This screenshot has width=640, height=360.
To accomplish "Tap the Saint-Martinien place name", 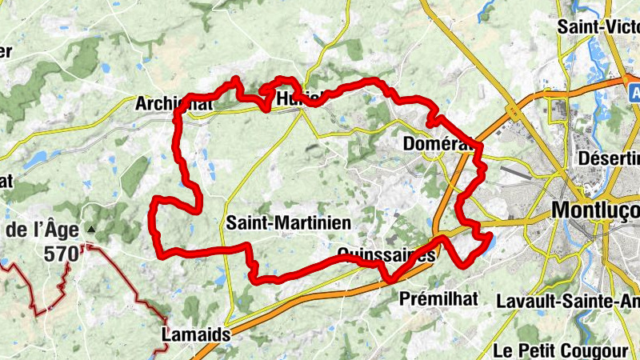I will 277,222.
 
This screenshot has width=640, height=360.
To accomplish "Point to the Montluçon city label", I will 596,210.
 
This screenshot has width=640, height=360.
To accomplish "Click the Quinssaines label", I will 387,254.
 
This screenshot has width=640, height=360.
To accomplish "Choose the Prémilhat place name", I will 438,298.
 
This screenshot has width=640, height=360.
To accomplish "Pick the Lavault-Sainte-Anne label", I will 568,302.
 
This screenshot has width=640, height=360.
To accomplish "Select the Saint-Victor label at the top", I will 598,26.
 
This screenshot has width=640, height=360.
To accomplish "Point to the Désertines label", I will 608,157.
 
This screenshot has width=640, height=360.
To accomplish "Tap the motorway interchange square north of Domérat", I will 514,114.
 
